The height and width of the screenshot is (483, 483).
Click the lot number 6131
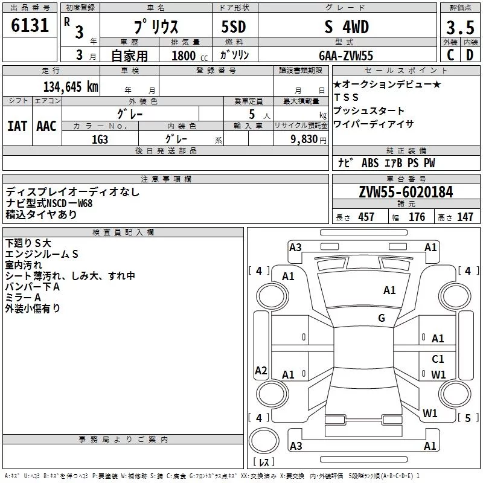pos(30,25)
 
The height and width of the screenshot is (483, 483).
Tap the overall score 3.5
pos(460,27)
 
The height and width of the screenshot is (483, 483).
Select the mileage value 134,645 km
pos(71,87)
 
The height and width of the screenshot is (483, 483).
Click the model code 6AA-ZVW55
pos(346,56)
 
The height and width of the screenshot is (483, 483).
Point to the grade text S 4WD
pos(347,27)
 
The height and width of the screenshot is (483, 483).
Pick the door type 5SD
pos(234,27)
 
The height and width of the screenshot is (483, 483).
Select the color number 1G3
pos(100,139)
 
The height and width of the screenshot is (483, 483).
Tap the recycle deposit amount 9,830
pos(304,139)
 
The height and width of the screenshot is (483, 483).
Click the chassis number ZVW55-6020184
pos(406,192)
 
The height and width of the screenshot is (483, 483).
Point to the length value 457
pos(366,217)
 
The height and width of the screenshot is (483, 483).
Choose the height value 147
pos(465,217)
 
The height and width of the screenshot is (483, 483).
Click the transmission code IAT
pos(17,126)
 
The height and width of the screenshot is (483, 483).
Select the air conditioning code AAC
pos(46,126)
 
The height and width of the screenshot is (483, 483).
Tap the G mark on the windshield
pos(382,318)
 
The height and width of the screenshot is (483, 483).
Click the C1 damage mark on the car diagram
pos(438,359)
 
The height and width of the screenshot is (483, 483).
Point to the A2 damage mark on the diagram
pos(261,370)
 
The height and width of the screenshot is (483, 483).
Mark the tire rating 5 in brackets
pos(468,418)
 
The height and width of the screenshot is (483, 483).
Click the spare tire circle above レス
pos(264,441)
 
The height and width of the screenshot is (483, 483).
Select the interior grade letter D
pos(470,55)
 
